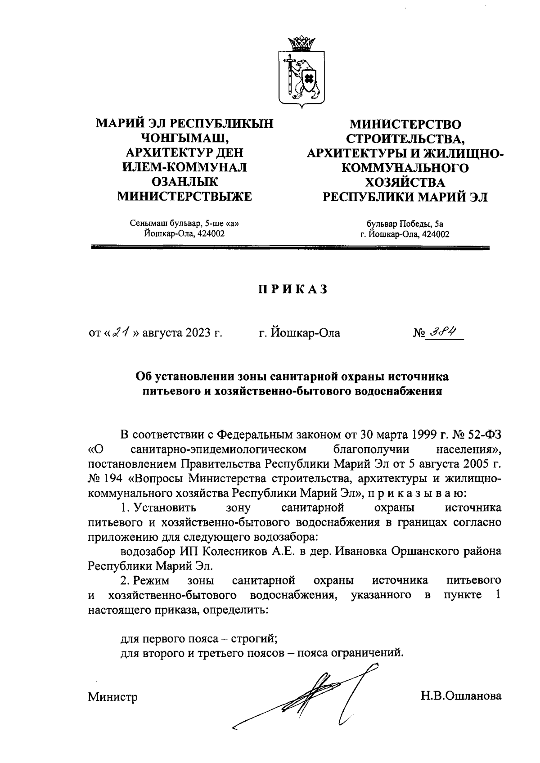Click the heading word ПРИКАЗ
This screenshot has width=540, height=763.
[x=292, y=290]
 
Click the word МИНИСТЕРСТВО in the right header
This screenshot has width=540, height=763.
[x=406, y=124]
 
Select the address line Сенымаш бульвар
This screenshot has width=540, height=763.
[x=184, y=224]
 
